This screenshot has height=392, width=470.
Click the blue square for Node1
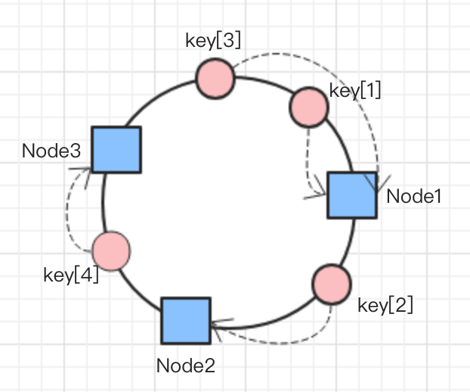tap(351, 195)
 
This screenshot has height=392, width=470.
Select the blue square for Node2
tap(185, 320)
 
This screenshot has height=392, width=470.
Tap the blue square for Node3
tap(116, 150)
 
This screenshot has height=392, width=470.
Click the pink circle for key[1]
tap(309, 106)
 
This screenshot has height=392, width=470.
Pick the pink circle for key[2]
tap(332, 284)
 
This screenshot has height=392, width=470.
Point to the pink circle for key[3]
tap(215, 78)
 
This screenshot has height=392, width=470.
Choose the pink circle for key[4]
tap(112, 251)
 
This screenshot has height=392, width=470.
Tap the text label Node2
tap(186, 366)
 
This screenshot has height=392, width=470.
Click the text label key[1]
tap(355, 91)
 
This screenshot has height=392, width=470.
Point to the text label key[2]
tap(385, 306)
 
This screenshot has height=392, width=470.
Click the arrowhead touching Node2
tap(219, 326)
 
